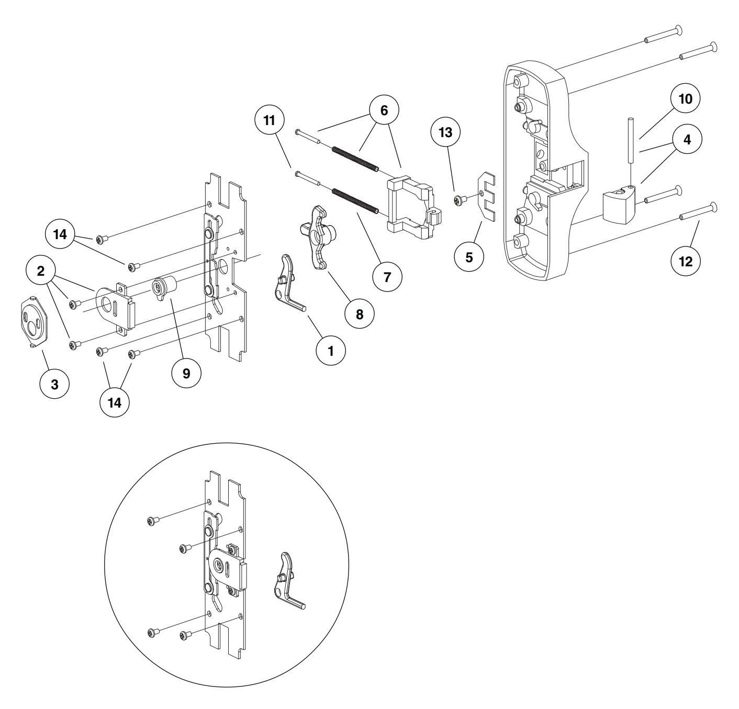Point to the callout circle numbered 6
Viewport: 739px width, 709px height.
(x=383, y=112)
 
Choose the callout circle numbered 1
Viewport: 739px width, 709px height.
(x=330, y=351)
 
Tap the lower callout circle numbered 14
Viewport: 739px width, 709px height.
(x=115, y=404)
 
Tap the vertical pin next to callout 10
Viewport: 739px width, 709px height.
(x=632, y=152)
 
